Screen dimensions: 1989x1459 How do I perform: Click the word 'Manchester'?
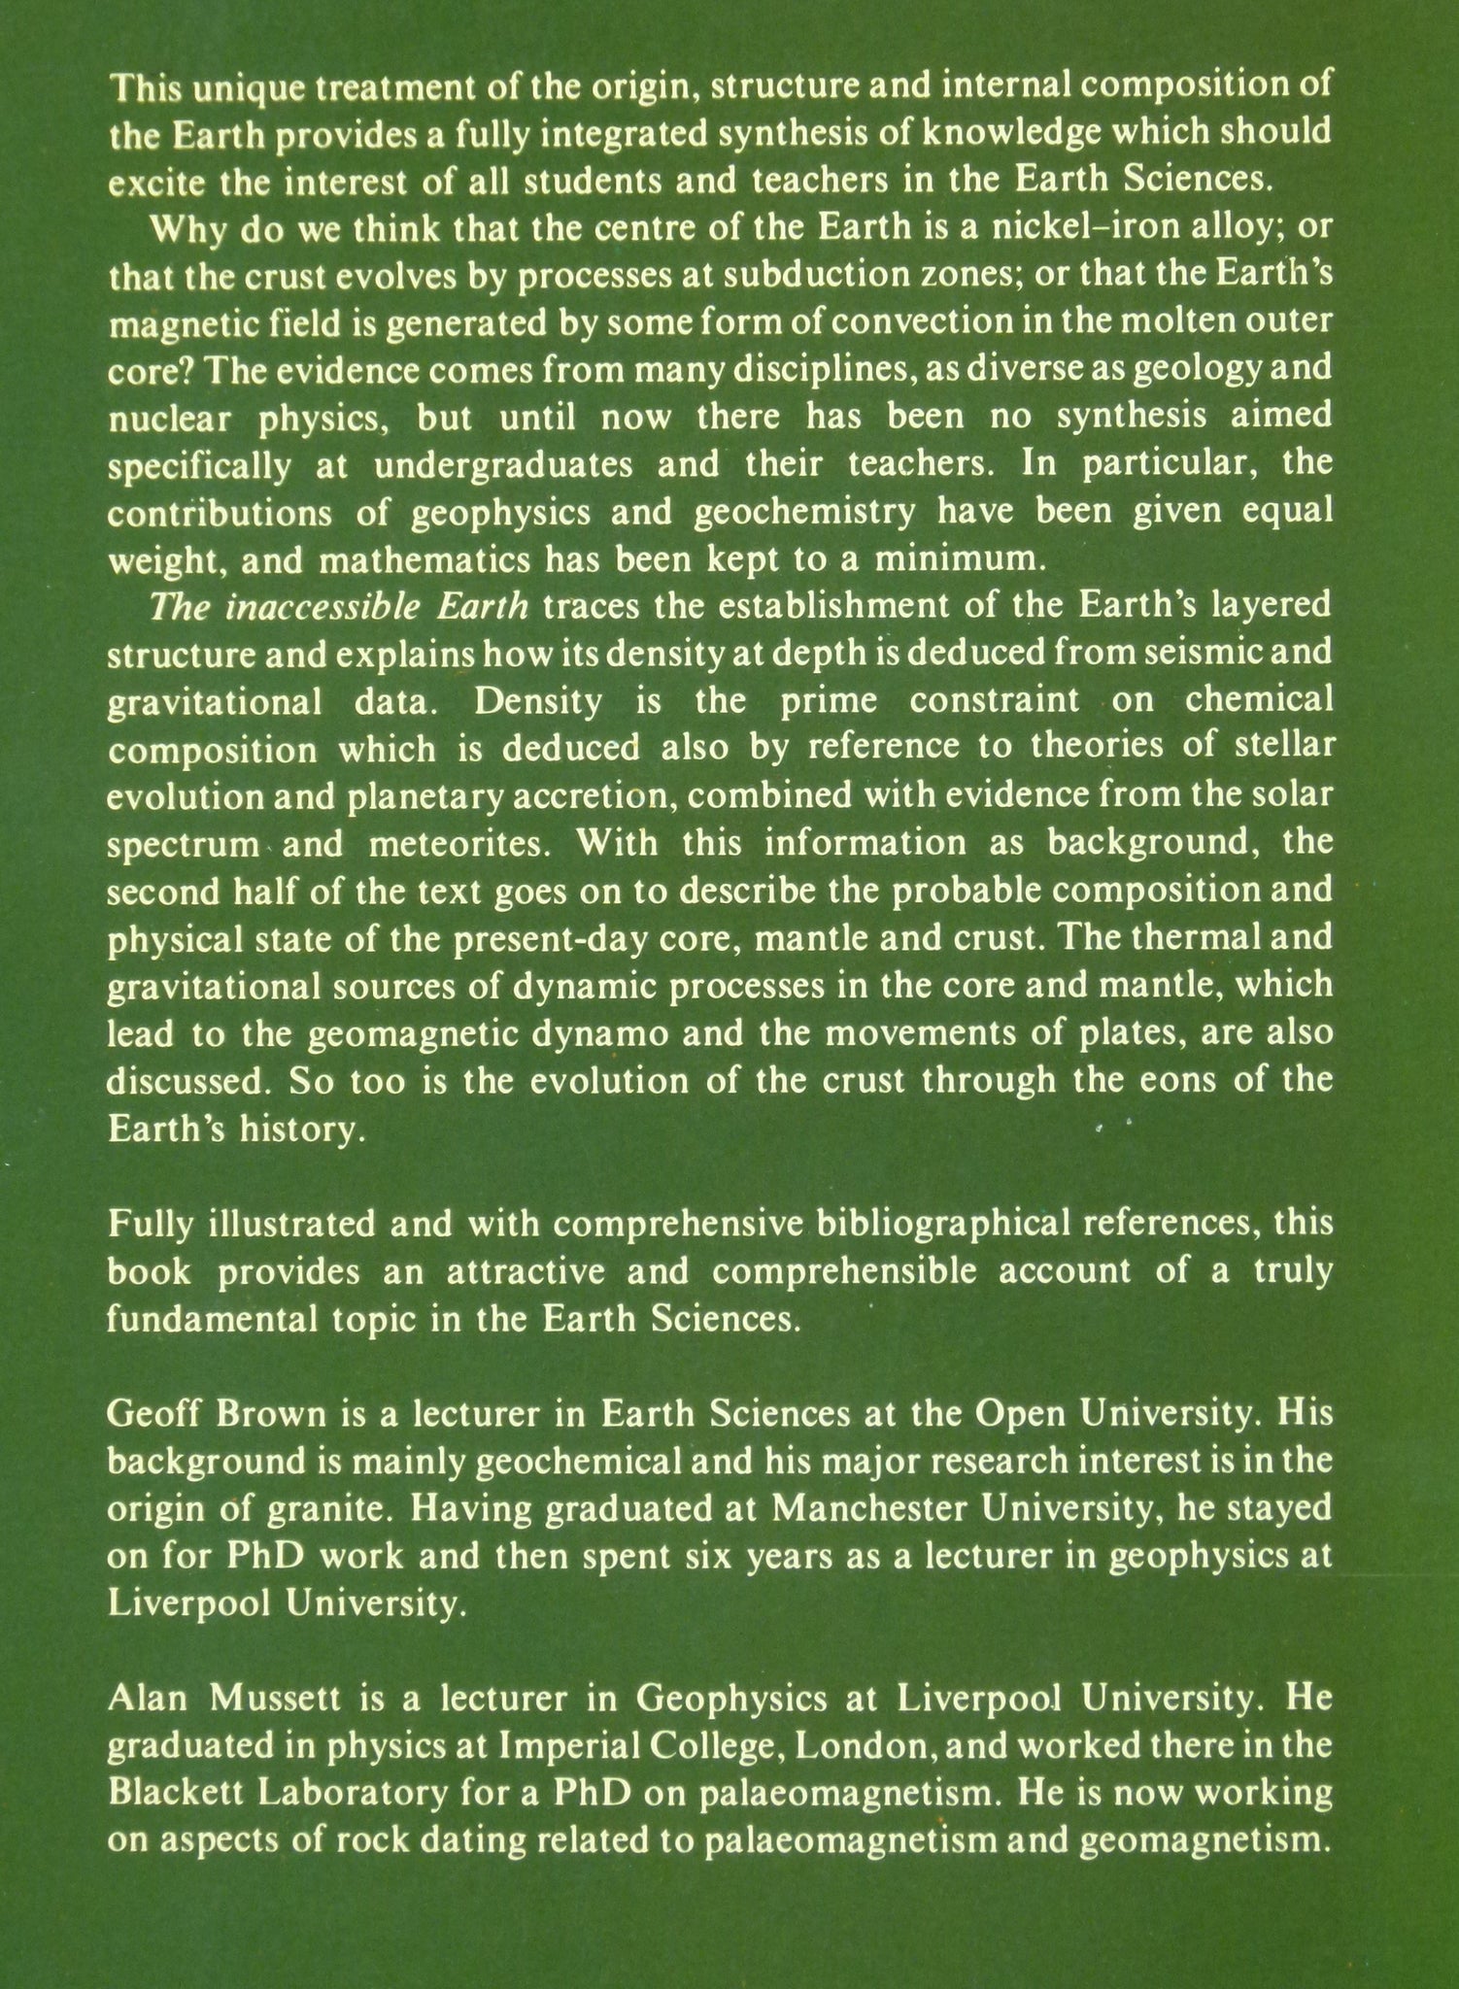[x=854, y=1508]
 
